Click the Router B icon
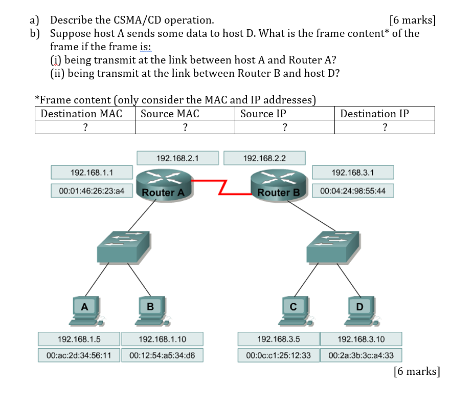coord(278,183)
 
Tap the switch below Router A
coord(123,247)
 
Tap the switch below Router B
coord(331,247)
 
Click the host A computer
coord(85,312)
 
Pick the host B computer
coord(150,312)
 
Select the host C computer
coord(293,312)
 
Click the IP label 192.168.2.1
coord(177,158)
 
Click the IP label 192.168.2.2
coord(264,158)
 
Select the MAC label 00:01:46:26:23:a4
coord(92,190)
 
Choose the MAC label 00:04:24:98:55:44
coord(353,190)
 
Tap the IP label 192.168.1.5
coord(79,339)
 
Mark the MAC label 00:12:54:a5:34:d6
coord(162,355)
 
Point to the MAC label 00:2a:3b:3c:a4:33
coord(361,355)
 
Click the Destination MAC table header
coord(81,114)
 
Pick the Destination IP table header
coord(375,114)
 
